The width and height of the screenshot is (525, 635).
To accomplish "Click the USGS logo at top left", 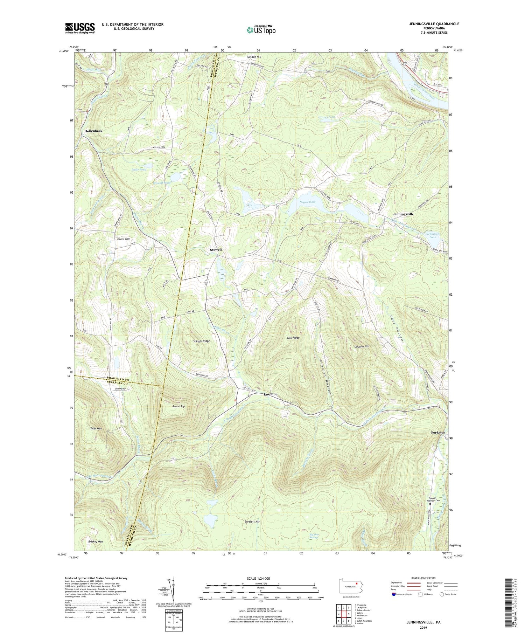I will click(x=80, y=28).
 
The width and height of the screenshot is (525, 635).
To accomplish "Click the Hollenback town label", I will click(x=93, y=131).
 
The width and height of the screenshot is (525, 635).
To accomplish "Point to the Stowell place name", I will click(x=216, y=250).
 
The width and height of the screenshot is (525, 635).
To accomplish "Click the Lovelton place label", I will click(x=270, y=394).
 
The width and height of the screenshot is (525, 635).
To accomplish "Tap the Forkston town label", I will click(x=438, y=432).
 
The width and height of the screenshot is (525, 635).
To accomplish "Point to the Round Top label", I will click(x=178, y=406).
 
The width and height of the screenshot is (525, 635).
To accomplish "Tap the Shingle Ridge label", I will click(x=201, y=340).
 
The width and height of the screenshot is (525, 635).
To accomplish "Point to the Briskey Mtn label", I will click(x=96, y=541).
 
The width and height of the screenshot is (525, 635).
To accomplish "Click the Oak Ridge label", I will click(x=293, y=338).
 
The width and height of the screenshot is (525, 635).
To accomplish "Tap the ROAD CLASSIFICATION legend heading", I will click(x=423, y=578).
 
